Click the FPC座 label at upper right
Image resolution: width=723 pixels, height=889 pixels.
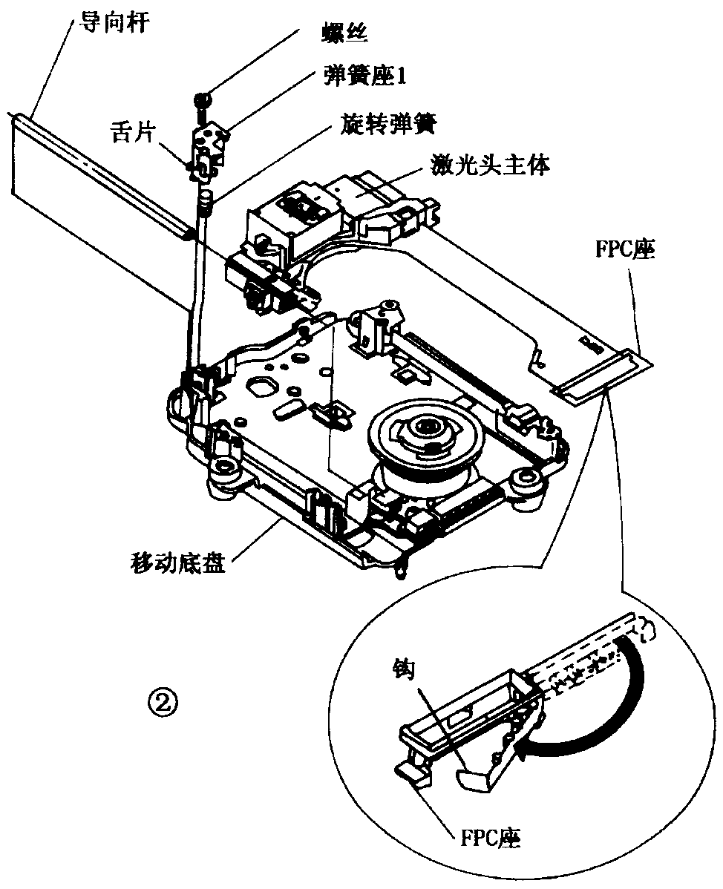pyautogui.click(x=634, y=250)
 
